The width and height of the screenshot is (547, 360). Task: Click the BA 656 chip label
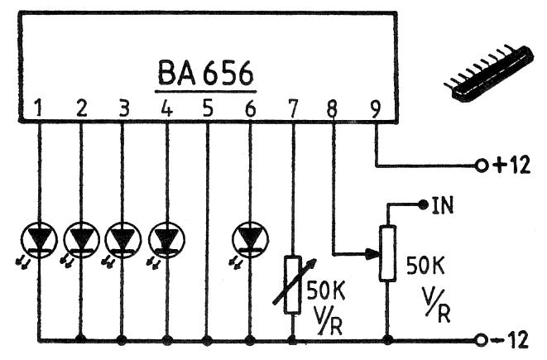point(205,74)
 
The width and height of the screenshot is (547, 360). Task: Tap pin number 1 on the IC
point(38,107)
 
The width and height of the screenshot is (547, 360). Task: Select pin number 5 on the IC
point(207,107)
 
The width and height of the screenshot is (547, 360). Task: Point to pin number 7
point(292,107)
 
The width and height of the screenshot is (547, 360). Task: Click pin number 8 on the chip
point(333,107)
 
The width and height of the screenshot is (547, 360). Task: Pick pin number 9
point(376,107)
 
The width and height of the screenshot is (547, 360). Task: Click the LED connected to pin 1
point(38,238)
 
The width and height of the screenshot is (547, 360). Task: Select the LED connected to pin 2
point(81,238)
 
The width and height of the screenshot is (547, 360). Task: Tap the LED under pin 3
point(123,238)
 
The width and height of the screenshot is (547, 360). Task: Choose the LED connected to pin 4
point(166,238)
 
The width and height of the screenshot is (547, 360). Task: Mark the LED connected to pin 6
point(250,238)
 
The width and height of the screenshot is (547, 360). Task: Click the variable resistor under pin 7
point(292,284)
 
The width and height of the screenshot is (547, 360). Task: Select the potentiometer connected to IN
point(386,253)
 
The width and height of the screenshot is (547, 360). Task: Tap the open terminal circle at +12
point(481,165)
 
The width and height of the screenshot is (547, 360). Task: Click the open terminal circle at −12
point(481,339)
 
